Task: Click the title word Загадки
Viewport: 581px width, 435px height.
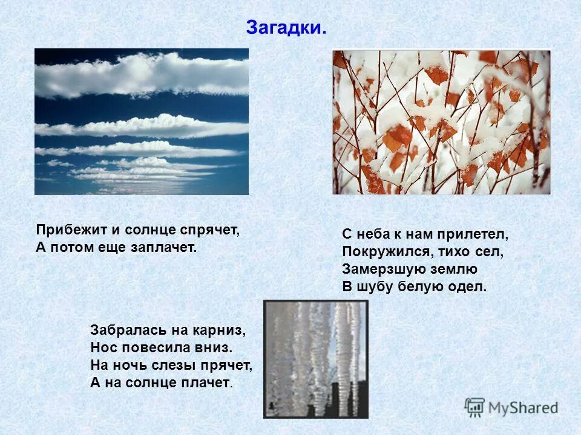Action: pyautogui.click(x=286, y=28)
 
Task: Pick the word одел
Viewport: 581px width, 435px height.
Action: pyautogui.click(x=468, y=286)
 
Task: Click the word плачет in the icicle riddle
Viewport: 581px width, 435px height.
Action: pyautogui.click(x=206, y=382)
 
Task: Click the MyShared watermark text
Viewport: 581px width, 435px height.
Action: pyautogui.click(x=523, y=408)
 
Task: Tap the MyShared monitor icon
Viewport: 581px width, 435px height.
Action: pyautogui.click(x=475, y=407)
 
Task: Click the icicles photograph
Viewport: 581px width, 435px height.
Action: pyautogui.click(x=315, y=359)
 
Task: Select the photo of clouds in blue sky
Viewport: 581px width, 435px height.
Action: pyautogui.click(x=142, y=121)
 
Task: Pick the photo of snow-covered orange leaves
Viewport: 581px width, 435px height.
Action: pyautogui.click(x=441, y=122)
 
